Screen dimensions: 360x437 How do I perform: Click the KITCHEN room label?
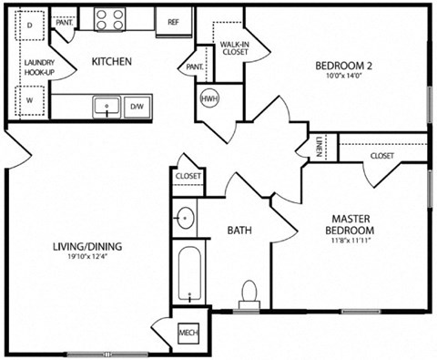pos(113,62)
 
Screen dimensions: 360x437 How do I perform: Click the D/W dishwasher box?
pos(137,108)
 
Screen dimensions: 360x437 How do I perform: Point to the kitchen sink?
pos(107,106)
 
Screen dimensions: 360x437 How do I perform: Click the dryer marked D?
pos(29,26)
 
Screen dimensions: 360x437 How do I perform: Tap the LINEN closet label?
pos(320,147)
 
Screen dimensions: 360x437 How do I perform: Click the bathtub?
pos(189,274)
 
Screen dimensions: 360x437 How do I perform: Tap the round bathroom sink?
pos(186,219)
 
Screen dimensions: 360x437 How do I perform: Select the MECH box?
pos(188,334)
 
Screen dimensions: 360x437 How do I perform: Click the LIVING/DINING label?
pos(86,247)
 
